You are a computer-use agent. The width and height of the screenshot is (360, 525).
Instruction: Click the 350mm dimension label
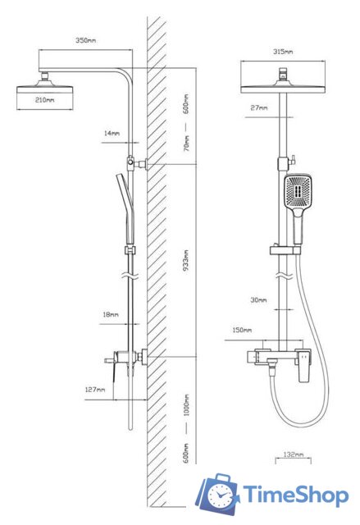coord(85,40)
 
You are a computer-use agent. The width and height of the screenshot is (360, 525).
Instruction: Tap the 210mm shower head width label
coord(45,100)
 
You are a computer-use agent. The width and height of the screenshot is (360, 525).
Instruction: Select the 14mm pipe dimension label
coord(112,133)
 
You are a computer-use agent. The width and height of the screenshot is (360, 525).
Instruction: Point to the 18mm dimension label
coord(111,315)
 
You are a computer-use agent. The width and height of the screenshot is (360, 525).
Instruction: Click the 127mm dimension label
coord(95,390)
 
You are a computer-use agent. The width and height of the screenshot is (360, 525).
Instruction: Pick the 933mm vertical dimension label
coord(186,260)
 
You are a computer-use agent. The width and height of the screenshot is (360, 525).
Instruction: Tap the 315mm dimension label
coord(283,52)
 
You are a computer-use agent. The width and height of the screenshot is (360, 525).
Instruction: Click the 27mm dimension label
coord(259,107)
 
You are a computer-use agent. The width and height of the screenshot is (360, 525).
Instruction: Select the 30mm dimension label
coord(258,300)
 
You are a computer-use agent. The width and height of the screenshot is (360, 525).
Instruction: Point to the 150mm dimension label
coord(242,330)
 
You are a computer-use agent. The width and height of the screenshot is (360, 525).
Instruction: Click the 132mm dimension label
coord(294,454)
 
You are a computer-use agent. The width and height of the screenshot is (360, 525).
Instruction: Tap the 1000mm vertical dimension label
coord(186,405)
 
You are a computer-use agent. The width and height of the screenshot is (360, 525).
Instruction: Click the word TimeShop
coord(295,495)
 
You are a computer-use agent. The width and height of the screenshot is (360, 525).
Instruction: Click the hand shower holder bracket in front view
coord(285,250)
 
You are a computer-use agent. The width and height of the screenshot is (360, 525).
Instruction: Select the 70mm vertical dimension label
coord(186,143)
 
